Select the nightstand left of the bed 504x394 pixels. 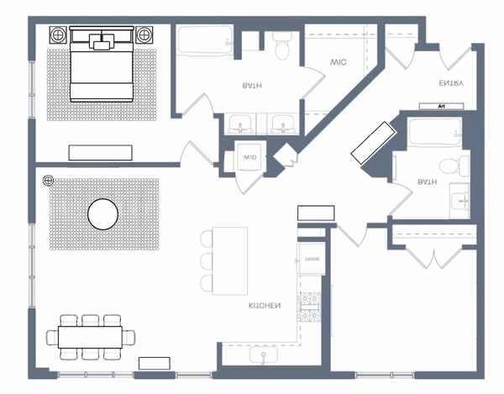pos(60,35)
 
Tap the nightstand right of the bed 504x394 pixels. pos(144,35)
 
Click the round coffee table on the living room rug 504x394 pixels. pos(103,213)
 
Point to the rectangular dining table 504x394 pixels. pos(92,337)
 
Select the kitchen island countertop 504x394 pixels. pos(229,260)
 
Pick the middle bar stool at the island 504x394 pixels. pos(207,260)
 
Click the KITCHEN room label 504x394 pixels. pos(264,306)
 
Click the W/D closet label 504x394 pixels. pos(249,158)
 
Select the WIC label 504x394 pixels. pos(339,62)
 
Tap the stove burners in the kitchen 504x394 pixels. pos(312,307)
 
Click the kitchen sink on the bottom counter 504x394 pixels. pos(264,356)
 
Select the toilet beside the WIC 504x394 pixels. pos(282,46)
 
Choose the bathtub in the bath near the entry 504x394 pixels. pos(433,131)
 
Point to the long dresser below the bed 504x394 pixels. pos(101,152)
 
